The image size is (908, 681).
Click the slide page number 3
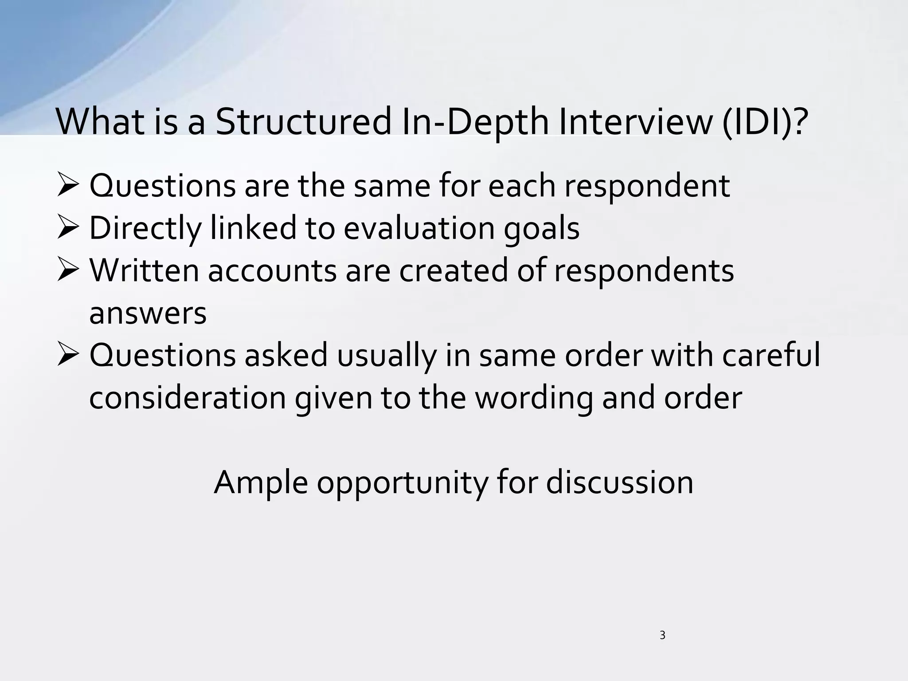tap(662, 635)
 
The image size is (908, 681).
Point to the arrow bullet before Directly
tap(69, 229)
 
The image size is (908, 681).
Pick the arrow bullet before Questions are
tap(69, 187)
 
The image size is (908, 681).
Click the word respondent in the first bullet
tap(647, 186)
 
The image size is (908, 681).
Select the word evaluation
tap(419, 228)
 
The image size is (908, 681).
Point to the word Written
tap(145, 270)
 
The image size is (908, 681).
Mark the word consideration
tap(188, 398)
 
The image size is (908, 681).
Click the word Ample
tap(261, 483)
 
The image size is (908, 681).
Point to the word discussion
tap(619, 483)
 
